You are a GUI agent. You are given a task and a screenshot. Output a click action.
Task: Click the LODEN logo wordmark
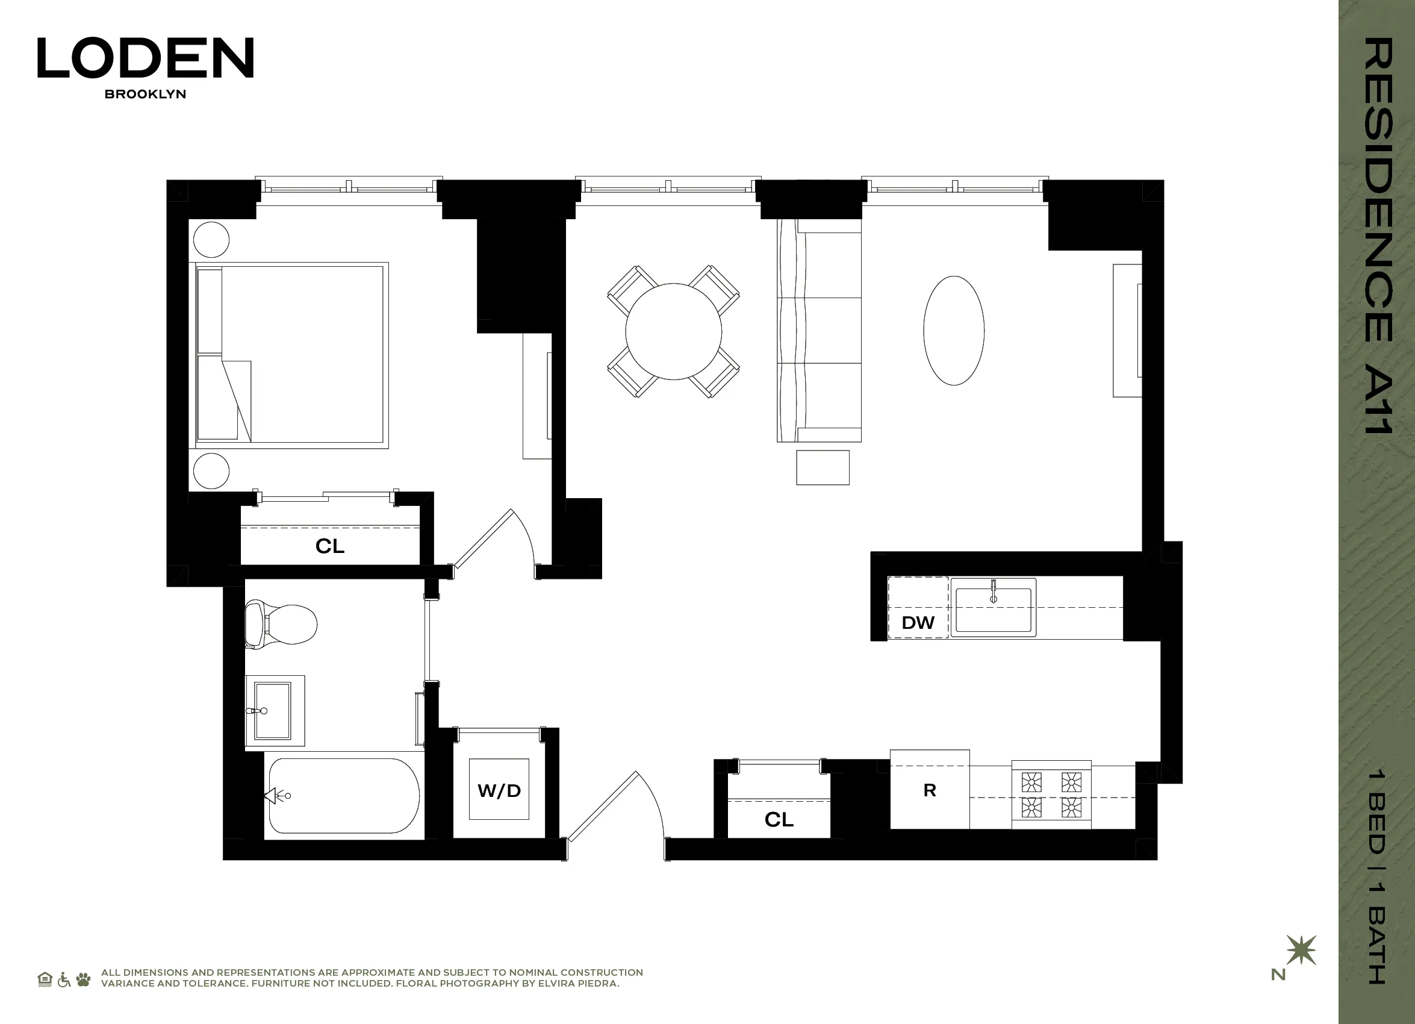click(145, 57)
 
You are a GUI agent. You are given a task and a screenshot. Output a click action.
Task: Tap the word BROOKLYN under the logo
click(145, 94)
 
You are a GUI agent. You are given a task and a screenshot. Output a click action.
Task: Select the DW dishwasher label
click(918, 622)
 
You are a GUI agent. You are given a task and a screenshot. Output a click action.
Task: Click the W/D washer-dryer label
click(499, 791)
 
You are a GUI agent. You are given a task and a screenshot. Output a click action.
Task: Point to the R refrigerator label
click(930, 790)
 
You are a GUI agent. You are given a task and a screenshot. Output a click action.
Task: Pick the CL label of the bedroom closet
click(330, 546)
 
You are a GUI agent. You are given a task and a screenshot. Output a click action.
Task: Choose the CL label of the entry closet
click(779, 819)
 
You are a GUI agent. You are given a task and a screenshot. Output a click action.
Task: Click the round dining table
click(673, 331)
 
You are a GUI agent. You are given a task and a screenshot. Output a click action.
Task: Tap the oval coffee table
click(953, 331)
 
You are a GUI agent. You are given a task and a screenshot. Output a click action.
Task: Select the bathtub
click(344, 796)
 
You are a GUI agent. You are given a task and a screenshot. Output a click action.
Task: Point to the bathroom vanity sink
click(273, 710)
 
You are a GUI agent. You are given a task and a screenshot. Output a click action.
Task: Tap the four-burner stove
click(1051, 795)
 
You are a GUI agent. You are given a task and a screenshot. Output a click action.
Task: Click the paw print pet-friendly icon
click(83, 979)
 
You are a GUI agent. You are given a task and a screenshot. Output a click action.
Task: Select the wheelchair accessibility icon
click(64, 979)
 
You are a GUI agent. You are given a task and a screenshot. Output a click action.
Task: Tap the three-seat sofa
click(819, 331)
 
